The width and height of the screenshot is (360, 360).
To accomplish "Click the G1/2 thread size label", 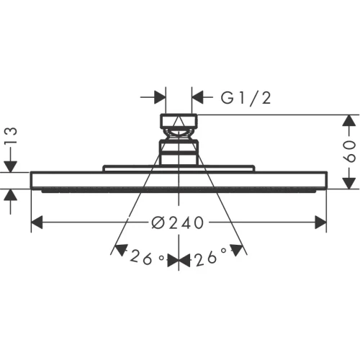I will tap(244, 97).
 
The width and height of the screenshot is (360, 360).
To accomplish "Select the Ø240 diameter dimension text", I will tap(178, 223).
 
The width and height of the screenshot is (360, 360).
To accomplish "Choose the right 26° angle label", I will tap(210, 257).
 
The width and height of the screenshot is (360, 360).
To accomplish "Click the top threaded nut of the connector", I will tap(179, 120).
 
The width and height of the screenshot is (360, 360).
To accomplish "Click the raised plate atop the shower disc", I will tap(179, 168).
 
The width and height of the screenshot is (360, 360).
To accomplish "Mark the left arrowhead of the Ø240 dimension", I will tap(36, 223).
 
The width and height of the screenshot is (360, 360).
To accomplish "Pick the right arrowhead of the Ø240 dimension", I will tap(321, 223).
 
